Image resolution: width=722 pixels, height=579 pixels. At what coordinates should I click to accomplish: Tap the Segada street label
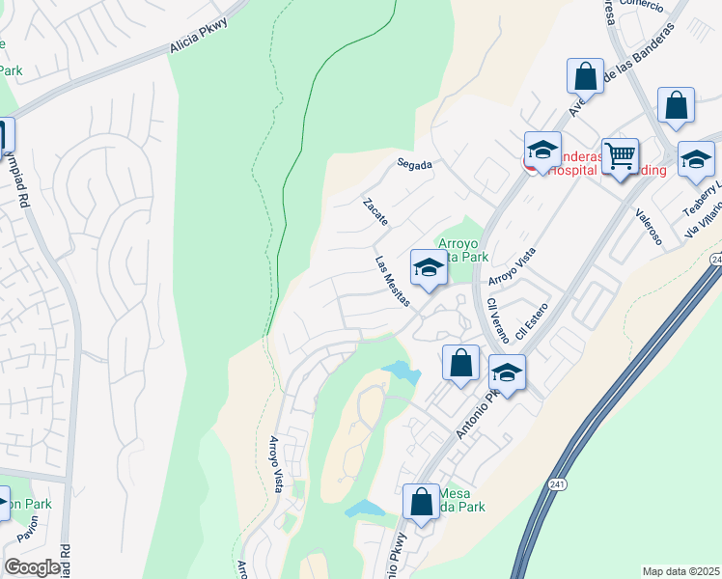coord(414,164)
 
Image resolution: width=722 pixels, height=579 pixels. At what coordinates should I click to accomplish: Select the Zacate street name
coord(375,212)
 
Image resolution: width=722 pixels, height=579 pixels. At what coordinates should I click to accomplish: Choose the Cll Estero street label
coord(532,321)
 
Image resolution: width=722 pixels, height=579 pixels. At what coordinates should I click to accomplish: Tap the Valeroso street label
coord(650,228)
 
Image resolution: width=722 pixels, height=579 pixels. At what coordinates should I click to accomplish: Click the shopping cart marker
coord(620,155)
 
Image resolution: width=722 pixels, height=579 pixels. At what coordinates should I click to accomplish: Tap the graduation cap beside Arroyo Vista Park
coord(428,268)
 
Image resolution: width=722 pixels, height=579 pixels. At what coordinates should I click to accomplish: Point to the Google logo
coord(32,567)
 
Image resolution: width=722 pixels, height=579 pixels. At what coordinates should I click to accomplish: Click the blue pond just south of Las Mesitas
coord(400,372)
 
